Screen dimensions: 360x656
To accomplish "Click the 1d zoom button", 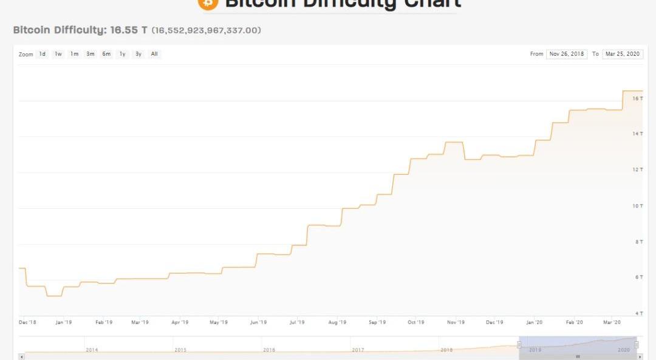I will [43, 54].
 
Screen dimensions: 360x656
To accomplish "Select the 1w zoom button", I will [58, 54].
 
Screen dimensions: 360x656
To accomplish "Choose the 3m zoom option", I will [90, 54].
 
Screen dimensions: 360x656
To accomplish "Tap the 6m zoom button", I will [106, 54].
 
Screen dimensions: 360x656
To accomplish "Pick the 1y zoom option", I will [122, 54].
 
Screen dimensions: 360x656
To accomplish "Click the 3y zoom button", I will [138, 54].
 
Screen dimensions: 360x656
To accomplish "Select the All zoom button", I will [154, 54].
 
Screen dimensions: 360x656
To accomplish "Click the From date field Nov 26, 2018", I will [566, 54].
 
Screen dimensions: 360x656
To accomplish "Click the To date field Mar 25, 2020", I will [622, 54].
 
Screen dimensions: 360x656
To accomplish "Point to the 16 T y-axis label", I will [637, 98].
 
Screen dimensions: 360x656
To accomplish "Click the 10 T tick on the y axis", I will [637, 206].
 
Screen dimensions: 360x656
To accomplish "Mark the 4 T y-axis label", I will [638, 313].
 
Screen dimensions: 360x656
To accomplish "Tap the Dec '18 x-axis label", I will [27, 322].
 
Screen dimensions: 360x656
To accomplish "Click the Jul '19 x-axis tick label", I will [297, 322].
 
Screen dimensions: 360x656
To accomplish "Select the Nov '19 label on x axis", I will [456, 322].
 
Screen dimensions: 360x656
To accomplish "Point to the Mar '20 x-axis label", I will [612, 322].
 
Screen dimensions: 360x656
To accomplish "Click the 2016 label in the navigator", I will [268, 350].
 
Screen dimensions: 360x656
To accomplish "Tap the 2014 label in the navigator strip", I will [92, 350].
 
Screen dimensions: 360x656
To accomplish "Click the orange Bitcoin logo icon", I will [207, 3].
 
